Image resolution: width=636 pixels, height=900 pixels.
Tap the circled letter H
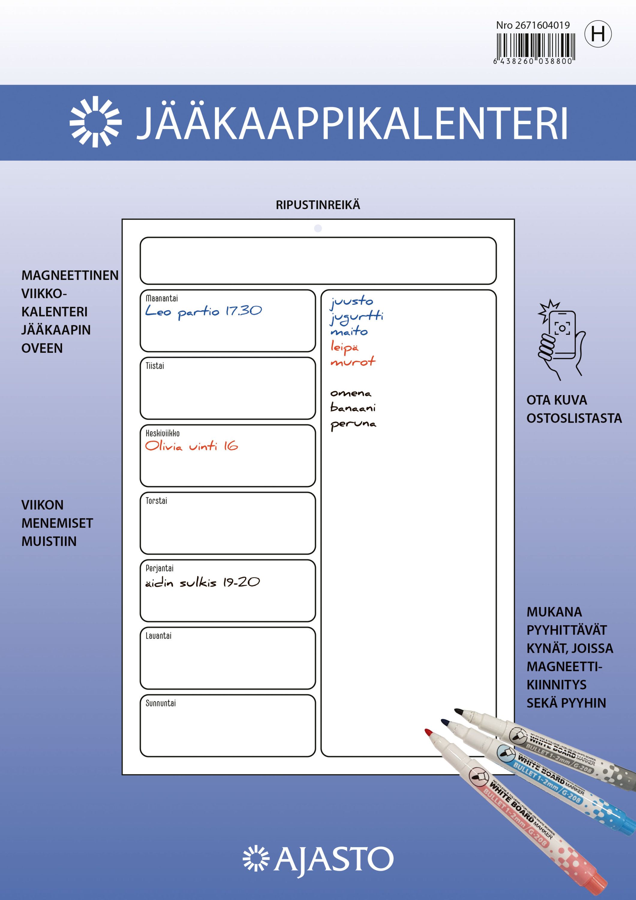coord(598,34)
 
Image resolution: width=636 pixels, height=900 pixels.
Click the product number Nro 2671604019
coord(533,25)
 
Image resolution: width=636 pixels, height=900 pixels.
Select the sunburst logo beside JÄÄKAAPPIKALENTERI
coord(95,121)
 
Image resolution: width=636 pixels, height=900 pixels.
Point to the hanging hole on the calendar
coord(318,228)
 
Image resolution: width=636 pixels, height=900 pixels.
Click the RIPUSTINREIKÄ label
coord(318,205)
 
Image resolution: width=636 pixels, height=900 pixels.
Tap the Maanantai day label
coord(161,298)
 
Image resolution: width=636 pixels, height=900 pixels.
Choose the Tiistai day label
coord(155,366)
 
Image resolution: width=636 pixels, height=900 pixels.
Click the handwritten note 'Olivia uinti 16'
coord(191,446)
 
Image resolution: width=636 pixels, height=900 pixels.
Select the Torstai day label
coord(156,501)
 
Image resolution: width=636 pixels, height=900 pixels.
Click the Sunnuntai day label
coord(161,703)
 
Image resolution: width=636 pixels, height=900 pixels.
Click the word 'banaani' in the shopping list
coord(353,408)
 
